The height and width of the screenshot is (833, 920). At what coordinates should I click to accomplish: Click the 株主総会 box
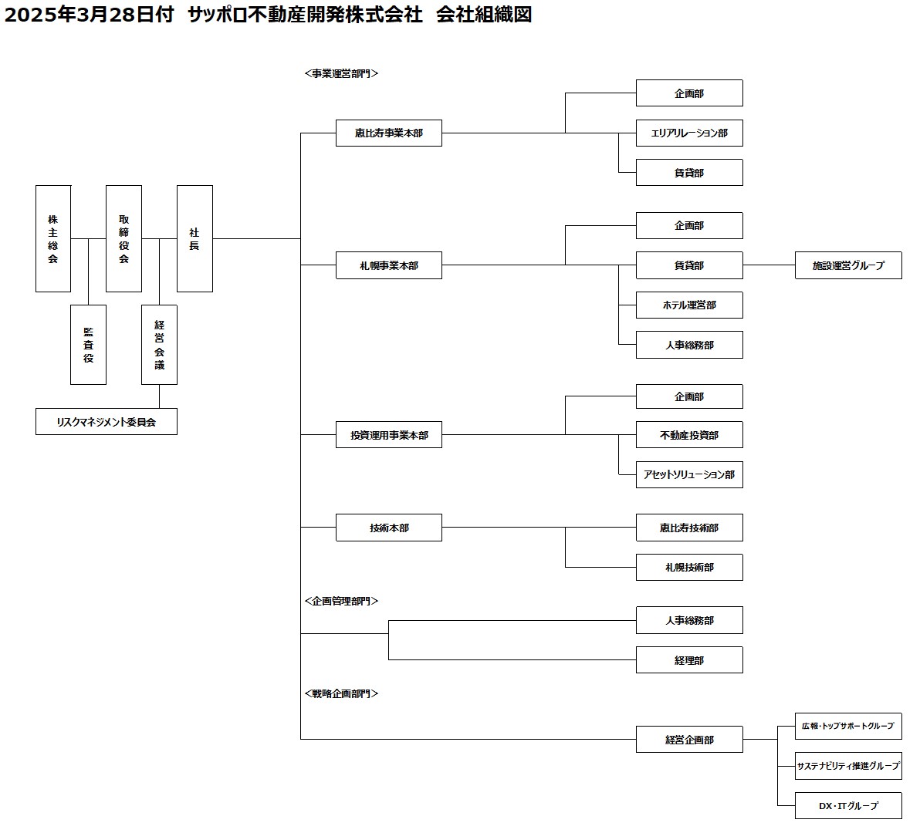[x=52, y=238]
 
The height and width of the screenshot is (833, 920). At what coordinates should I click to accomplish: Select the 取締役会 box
[x=123, y=238]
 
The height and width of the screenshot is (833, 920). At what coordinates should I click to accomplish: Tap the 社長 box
[x=194, y=238]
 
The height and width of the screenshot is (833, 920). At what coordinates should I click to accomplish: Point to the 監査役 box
[x=88, y=345]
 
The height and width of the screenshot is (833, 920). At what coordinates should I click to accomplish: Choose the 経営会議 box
[x=159, y=345]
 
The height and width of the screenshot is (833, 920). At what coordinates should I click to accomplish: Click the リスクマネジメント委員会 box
[x=107, y=421]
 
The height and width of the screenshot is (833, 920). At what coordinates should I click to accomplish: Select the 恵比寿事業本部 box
[x=389, y=133]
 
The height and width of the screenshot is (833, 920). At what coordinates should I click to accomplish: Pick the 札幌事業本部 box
[x=389, y=265]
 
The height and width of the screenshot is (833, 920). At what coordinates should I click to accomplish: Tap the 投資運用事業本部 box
[x=389, y=435]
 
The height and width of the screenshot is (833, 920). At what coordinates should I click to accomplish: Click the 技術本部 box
[x=389, y=528]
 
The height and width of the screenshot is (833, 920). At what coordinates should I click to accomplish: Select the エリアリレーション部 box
[x=689, y=133]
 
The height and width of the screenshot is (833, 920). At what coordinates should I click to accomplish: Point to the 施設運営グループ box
[x=848, y=265]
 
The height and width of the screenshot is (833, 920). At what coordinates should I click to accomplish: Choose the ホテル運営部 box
[x=689, y=305]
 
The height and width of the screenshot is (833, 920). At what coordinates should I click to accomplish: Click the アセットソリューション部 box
[x=689, y=475]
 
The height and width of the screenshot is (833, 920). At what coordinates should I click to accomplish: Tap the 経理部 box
[x=689, y=660]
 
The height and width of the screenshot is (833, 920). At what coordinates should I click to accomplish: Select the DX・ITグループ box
[x=848, y=805]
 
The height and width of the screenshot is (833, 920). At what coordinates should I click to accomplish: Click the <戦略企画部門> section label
[x=341, y=693]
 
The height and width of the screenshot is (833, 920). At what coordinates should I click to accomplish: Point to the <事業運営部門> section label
[x=341, y=73]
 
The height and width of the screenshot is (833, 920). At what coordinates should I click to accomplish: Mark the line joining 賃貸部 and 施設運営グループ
[x=769, y=265]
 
